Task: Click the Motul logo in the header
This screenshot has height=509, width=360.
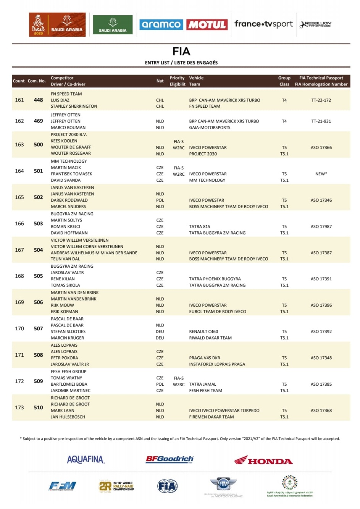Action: pyautogui.click(x=207, y=25)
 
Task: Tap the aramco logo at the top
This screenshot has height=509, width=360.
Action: pyautogui.click(x=161, y=25)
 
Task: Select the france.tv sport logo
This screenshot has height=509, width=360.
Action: pyautogui.click(x=263, y=24)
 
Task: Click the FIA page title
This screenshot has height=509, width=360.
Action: pyautogui.click(x=181, y=52)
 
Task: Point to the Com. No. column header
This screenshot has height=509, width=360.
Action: pyautogui.click(x=37, y=81)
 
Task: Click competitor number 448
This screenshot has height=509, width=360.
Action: pyautogui.click(x=39, y=100)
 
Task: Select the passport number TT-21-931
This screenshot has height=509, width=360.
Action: pyautogui.click(x=321, y=121)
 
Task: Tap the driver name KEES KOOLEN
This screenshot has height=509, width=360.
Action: pyautogui.click(x=64, y=141)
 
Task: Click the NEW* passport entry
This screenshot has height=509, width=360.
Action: pyautogui.click(x=321, y=174)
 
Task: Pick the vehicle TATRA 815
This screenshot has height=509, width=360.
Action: pyautogui.click(x=200, y=226)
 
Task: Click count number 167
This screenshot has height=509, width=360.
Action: pyautogui.click(x=19, y=250)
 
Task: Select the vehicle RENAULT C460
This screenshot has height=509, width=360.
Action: pyautogui.click(x=203, y=331)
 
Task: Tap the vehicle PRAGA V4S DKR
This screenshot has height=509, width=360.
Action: pyautogui.click(x=205, y=358)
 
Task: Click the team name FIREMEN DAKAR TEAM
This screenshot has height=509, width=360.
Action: pyautogui.click(x=211, y=417)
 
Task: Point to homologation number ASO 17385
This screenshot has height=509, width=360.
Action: pyautogui.click(x=321, y=384)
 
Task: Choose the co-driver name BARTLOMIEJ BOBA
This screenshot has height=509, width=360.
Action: pyautogui.click(x=69, y=384)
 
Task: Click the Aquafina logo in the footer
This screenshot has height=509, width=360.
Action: pyautogui.click(x=86, y=460)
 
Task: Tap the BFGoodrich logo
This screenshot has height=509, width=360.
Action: pyautogui.click(x=170, y=459)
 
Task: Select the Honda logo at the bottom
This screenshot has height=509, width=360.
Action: pyautogui.click(x=263, y=460)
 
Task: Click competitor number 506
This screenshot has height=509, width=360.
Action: pyautogui.click(x=39, y=302)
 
